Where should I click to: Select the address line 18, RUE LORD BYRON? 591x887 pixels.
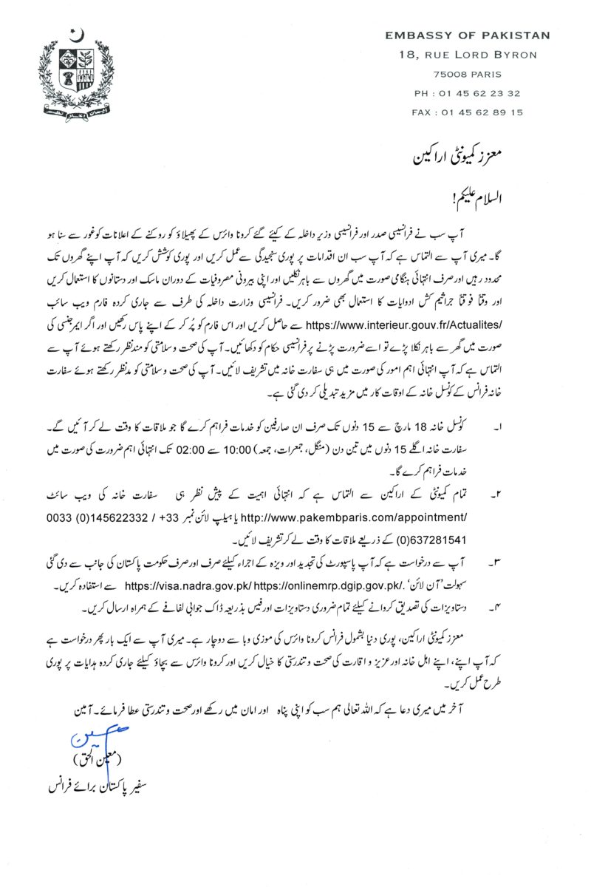(468, 55)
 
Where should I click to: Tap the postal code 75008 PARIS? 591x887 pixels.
(468, 74)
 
